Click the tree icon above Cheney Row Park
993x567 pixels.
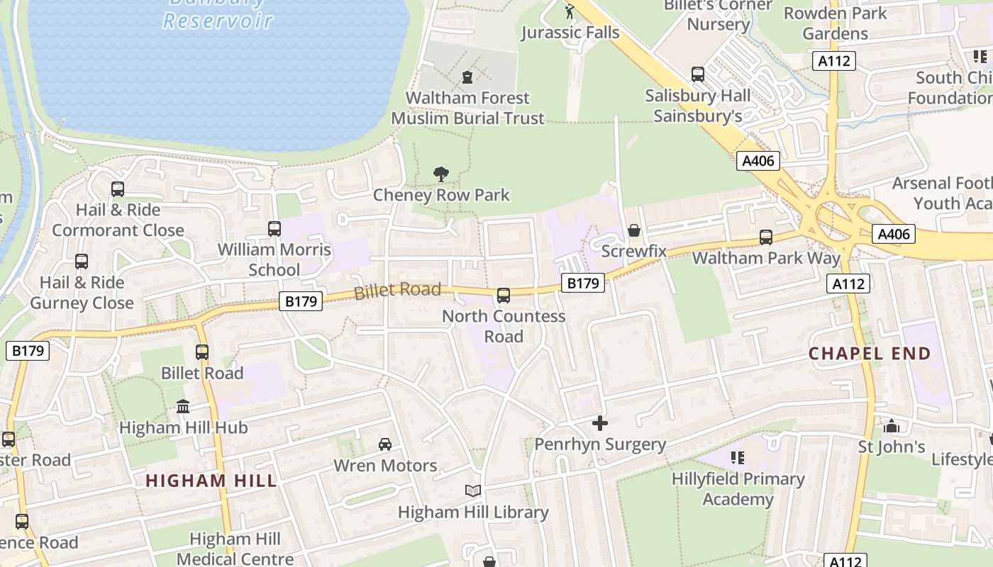[441, 174]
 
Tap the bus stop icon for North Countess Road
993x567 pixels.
[504, 295]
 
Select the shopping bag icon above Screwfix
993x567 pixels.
[634, 231]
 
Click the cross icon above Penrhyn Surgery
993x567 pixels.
[600, 423]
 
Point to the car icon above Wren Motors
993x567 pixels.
[385, 444]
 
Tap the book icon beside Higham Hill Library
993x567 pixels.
[472, 490]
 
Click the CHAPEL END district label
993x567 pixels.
[870, 353]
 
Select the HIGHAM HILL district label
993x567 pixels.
[211, 481]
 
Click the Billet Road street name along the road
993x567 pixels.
[397, 290]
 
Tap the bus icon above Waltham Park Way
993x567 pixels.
[766, 237]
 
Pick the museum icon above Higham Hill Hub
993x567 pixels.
[183, 406]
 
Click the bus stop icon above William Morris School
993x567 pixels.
[274, 228]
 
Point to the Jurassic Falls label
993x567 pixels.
[570, 33]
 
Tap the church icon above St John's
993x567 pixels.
[892, 426]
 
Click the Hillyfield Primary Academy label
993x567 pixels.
[738, 489]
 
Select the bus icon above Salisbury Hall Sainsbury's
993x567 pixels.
[698, 74]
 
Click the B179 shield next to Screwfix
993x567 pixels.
[583, 283]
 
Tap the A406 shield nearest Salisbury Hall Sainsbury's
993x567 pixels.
[758, 161]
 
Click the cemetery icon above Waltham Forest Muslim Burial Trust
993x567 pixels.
[467, 77]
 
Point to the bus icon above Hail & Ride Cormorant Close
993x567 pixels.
[118, 189]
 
